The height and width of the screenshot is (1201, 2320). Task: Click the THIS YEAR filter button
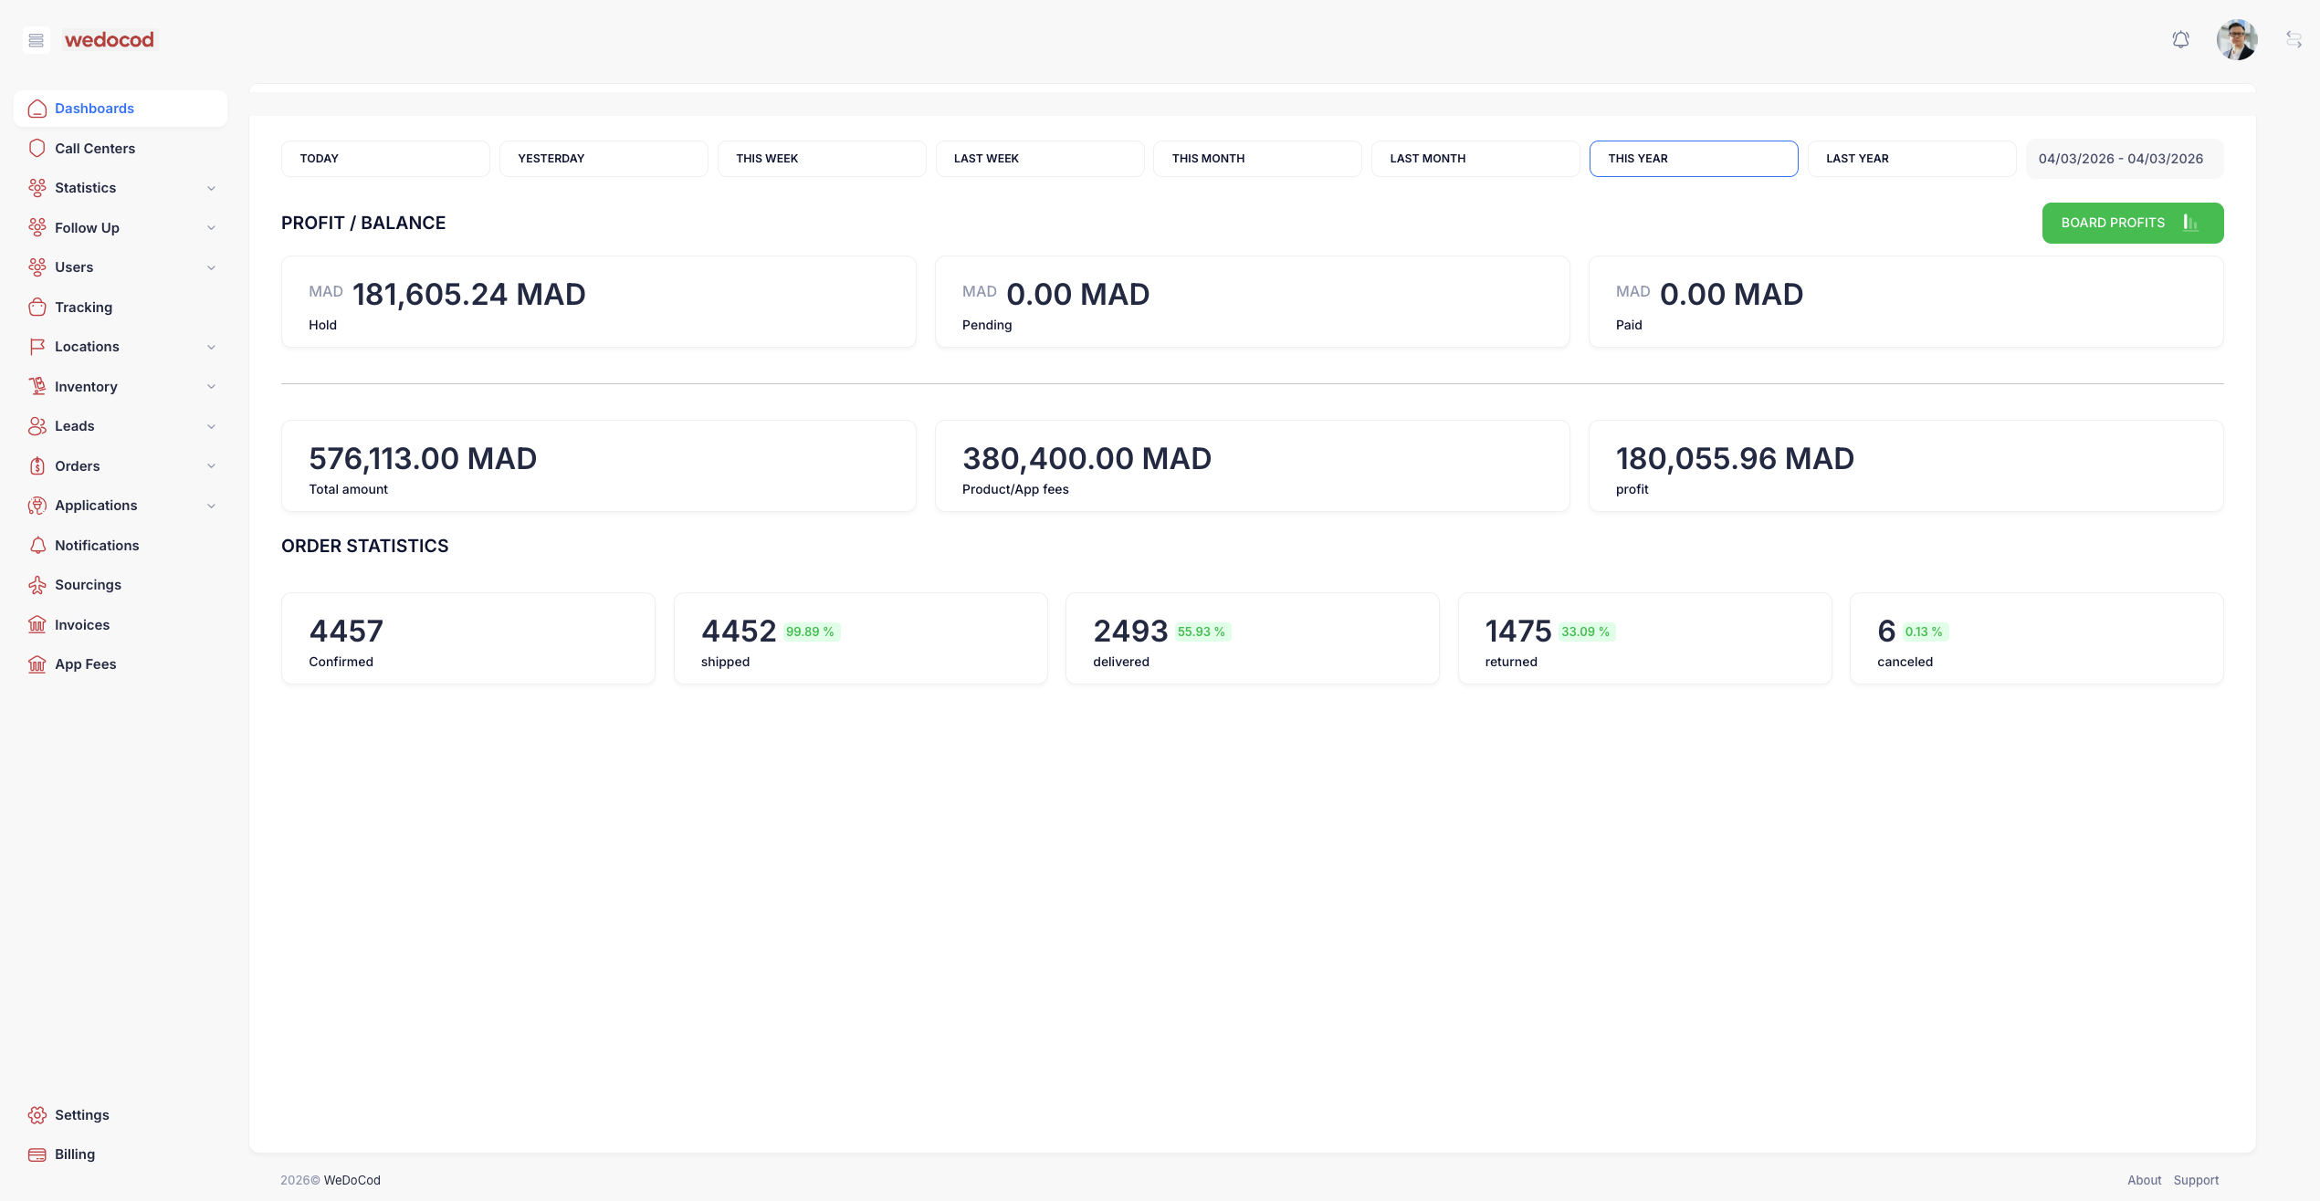click(1693, 159)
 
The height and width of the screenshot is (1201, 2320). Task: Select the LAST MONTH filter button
click(1475, 159)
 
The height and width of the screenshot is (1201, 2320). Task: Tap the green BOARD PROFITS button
click(2132, 223)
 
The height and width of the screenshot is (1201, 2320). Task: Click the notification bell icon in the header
click(2180, 40)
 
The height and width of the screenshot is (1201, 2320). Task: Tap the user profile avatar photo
click(2236, 40)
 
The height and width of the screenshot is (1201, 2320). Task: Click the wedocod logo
click(110, 40)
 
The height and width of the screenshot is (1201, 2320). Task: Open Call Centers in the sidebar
click(95, 149)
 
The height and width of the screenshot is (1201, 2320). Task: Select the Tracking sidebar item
click(83, 308)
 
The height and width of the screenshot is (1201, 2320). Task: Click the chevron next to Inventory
click(212, 387)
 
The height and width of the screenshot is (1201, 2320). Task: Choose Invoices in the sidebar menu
click(82, 625)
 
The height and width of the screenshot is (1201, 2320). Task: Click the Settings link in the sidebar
click(81, 1115)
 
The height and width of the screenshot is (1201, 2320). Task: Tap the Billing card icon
click(37, 1154)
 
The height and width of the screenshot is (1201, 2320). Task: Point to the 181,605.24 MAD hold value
click(468, 295)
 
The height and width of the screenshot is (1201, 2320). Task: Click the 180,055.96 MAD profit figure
click(1735, 459)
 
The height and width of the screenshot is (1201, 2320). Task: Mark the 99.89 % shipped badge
click(810, 632)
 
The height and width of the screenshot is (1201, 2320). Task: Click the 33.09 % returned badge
click(1585, 632)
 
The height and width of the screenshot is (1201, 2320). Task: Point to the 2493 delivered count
click(1130, 632)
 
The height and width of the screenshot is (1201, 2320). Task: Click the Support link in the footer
click(2196, 1180)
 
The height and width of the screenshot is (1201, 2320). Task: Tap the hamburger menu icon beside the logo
click(37, 40)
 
